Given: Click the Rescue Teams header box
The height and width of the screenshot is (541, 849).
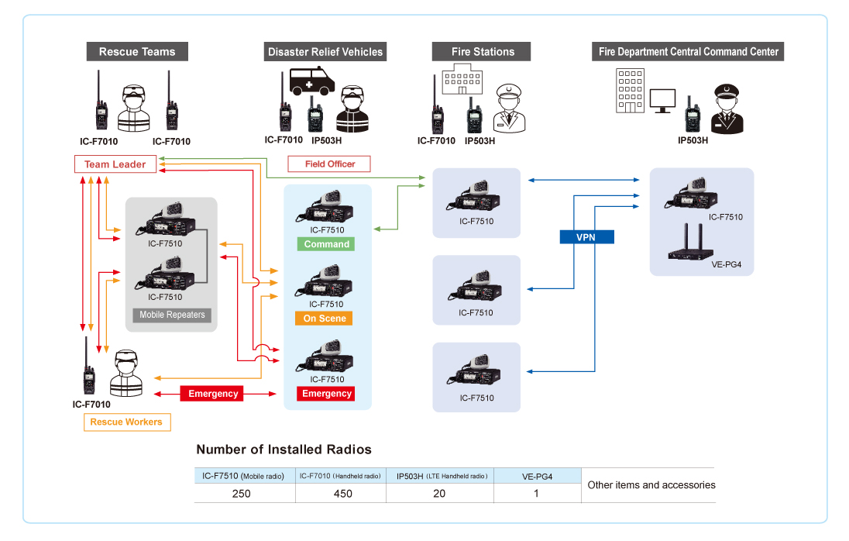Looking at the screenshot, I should point(137,52).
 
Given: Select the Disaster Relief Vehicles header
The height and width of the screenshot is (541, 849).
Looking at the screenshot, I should point(325,52).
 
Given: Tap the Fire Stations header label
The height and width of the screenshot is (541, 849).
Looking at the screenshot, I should point(483,52).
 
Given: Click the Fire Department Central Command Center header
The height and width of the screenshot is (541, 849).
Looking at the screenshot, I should point(689,52).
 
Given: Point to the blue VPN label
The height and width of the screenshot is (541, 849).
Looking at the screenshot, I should point(586,236).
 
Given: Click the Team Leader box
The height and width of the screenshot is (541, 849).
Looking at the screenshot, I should point(115,164).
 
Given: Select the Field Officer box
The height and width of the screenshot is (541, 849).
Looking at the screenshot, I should point(328,164).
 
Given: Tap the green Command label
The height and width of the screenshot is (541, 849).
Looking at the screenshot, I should point(326,244).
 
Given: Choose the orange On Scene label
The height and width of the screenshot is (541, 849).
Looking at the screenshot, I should point(325,319).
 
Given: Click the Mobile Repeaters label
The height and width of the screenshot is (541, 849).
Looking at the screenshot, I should point(172,315).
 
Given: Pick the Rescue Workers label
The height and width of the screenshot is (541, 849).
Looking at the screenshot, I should point(126,422).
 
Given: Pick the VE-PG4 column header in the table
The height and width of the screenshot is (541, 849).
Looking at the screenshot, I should point(536,476).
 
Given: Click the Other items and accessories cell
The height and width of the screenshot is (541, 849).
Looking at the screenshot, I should point(651,485).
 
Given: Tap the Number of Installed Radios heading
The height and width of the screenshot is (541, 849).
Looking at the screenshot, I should point(284,450).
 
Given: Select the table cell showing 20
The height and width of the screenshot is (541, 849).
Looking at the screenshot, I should point(439,494).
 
